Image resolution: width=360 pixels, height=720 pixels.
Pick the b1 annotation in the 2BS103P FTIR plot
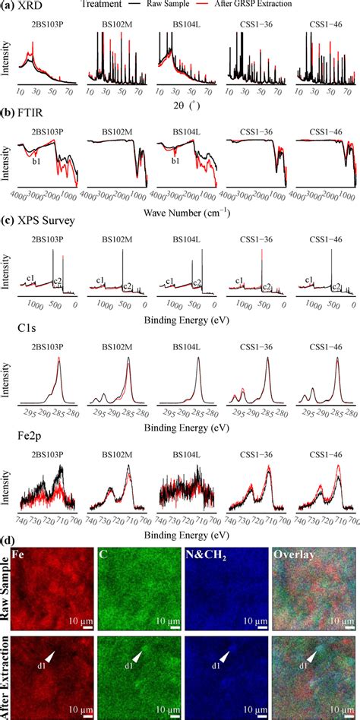pyautogui.click(x=35, y=160)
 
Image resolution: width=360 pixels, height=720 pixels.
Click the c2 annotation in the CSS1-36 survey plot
pyautogui.click(x=267, y=288)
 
